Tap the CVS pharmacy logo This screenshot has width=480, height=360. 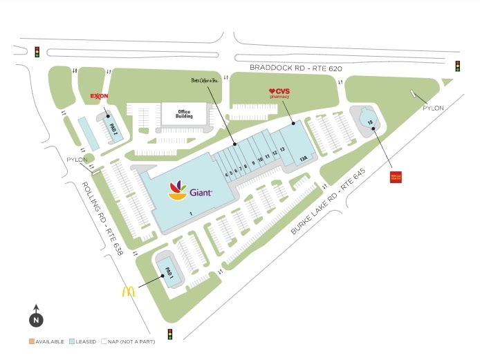tap(279, 93)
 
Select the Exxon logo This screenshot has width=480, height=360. tap(98, 97)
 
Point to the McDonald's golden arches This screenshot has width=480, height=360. tap(129, 292)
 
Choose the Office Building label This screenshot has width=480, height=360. tap(184, 114)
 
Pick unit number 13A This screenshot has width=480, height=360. tap(302, 158)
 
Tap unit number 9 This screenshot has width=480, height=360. tap(252, 164)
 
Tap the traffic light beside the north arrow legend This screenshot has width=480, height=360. tap(170, 334)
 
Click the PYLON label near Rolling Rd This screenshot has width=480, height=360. tap(76, 160)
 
